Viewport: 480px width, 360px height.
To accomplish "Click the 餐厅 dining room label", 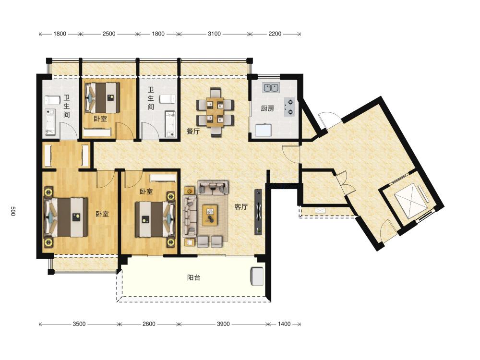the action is point(193,132).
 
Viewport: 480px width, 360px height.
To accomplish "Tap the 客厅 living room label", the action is point(241,206).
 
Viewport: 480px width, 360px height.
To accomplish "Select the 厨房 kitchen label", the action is point(267,108).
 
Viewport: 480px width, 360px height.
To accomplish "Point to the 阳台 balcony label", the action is point(193,277).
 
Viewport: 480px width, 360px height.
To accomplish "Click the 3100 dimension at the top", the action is point(214,34).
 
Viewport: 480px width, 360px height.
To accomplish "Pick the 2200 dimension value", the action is point(275,34).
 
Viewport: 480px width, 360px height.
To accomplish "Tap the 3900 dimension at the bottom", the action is point(223,324).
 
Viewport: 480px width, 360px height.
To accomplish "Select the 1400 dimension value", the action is point(284,324).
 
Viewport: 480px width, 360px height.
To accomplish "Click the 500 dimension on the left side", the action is point(13,211).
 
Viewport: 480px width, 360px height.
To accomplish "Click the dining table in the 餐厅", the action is point(216,112).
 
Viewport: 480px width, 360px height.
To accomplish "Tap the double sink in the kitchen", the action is point(271,87).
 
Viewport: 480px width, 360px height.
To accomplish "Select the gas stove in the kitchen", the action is point(289,107).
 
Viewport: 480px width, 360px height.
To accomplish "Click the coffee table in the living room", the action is point(210,215).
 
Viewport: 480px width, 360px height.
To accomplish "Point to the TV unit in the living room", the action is point(258,212).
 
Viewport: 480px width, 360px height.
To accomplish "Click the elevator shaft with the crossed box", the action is point(409,201).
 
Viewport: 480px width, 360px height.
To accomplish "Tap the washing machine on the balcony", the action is point(257,276).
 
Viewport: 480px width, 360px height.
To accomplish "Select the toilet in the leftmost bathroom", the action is point(52,100).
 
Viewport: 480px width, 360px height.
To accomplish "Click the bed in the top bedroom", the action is point(102,97).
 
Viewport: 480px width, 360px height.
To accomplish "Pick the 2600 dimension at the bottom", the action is point(149,324).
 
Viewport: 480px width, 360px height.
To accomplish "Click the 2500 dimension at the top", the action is point(109,34).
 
